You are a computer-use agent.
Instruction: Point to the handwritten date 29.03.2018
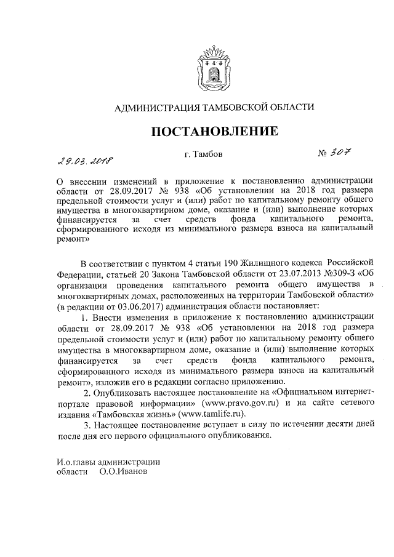point(81,162)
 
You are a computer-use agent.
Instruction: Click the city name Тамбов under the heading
point(199,154)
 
